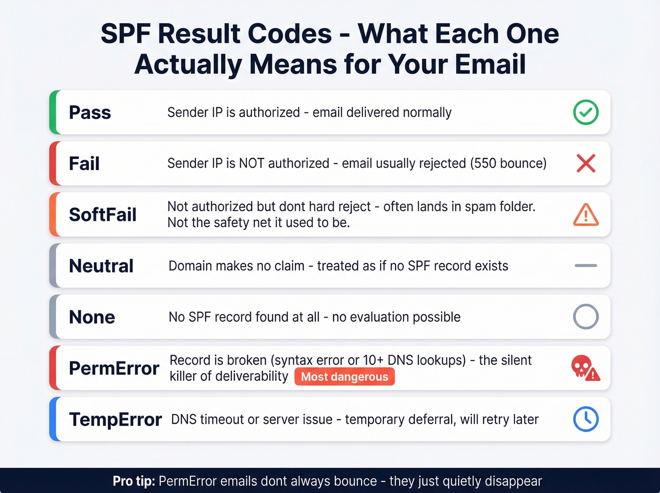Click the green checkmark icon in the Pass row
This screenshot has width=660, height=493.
tap(586, 112)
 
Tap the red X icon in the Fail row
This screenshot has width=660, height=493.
tap(586, 163)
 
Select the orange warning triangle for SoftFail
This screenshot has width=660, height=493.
tap(586, 215)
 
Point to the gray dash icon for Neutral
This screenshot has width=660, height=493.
tap(586, 266)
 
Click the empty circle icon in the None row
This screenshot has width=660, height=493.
tap(586, 317)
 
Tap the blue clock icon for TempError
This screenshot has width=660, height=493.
tap(586, 419)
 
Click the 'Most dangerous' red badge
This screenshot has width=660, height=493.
tap(344, 376)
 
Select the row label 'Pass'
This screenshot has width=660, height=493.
tap(90, 112)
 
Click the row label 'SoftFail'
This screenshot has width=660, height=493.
tap(102, 215)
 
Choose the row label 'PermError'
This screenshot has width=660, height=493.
tap(114, 368)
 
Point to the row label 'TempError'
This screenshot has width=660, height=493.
tap(115, 419)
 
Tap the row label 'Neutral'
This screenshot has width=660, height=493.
tap(101, 266)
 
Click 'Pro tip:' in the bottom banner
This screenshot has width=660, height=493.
tap(134, 481)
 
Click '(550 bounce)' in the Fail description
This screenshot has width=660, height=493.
tap(508, 163)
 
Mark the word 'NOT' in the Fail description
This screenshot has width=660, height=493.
tap(251, 163)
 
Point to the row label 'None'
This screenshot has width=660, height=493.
tap(92, 317)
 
